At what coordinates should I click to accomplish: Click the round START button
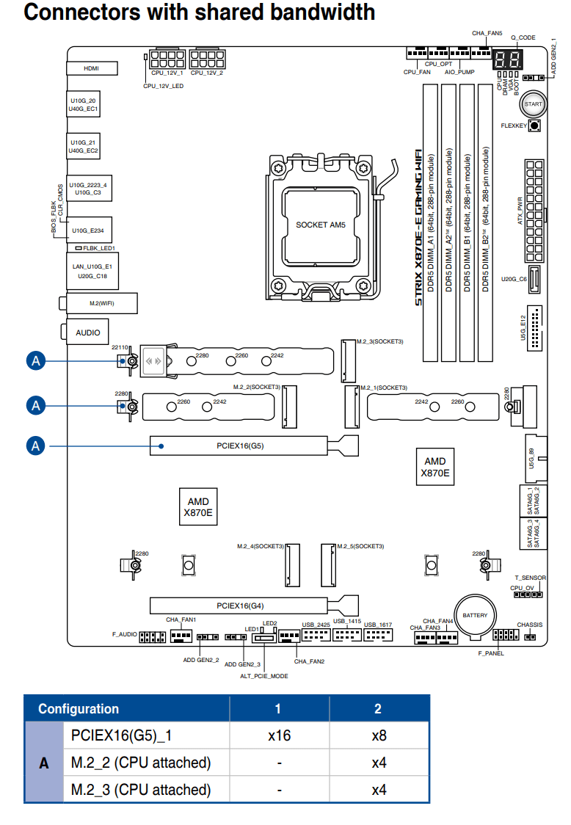tap(533, 104)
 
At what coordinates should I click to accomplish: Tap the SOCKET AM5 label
tap(320, 225)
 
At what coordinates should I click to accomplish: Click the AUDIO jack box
tap(88, 332)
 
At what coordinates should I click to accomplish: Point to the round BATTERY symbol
tap(474, 615)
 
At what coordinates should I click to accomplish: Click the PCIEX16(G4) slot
tap(239, 606)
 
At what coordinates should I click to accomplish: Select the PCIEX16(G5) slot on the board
tap(239, 445)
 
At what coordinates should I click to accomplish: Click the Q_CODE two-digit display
tap(507, 60)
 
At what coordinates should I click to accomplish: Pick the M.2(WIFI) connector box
tap(92, 302)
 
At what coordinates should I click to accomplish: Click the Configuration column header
tap(79, 708)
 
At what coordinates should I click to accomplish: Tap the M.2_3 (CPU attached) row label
tap(141, 790)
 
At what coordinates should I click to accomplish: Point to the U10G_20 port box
tap(83, 104)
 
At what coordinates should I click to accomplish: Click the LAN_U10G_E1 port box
tap(92, 272)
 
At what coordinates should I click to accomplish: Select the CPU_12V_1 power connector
tap(166, 59)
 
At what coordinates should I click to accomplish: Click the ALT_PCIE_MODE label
tap(264, 676)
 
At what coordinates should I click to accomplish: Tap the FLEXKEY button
tap(533, 126)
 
